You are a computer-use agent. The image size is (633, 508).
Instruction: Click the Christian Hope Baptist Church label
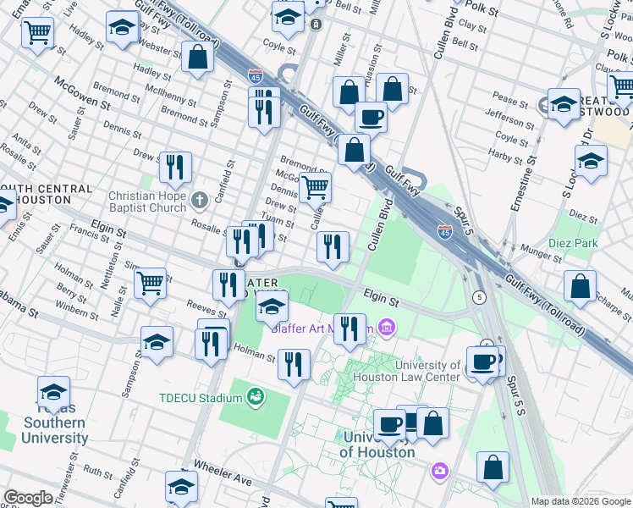(x=146, y=202)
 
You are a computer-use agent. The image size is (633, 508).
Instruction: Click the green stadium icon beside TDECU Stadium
(x=255, y=396)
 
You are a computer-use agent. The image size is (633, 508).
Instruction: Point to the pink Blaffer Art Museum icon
(x=387, y=326)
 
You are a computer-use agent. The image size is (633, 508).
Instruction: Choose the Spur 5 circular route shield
(x=480, y=296)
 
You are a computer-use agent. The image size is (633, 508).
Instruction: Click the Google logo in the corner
(x=28, y=498)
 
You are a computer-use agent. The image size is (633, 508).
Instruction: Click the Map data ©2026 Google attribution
(x=581, y=501)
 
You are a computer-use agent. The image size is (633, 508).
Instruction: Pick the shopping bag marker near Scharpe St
(x=581, y=286)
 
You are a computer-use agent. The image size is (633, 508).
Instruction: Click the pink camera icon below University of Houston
(x=439, y=470)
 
